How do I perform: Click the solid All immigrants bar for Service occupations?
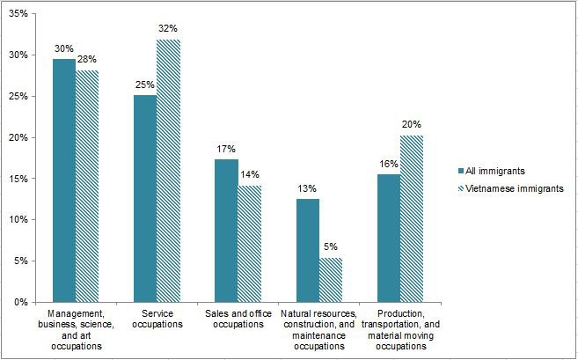144,198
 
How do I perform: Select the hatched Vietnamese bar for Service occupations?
168,171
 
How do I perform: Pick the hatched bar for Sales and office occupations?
249,244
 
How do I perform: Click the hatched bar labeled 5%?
330,280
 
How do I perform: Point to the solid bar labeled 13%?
307,250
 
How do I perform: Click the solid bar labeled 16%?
388,238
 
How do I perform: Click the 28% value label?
88,60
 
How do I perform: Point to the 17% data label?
226,149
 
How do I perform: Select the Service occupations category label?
157,320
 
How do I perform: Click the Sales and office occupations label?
238,320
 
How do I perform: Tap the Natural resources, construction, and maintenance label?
318,330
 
